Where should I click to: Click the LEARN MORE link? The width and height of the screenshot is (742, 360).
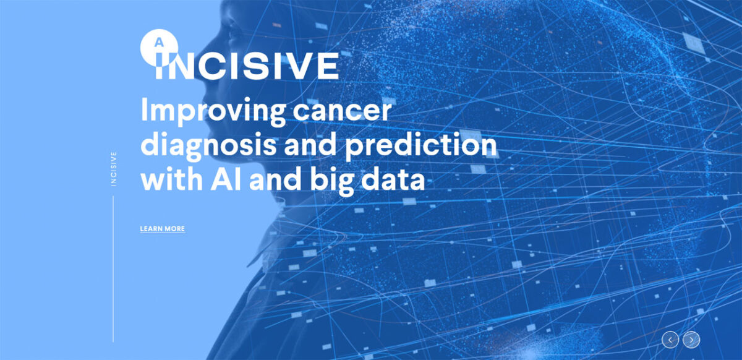(x=162, y=229)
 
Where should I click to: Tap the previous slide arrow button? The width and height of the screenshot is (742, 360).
(x=670, y=340)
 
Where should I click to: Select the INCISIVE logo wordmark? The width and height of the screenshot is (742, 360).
(x=247, y=66)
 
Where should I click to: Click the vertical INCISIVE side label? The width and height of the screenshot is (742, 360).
(x=114, y=169)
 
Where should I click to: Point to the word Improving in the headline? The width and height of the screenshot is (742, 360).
(x=213, y=112)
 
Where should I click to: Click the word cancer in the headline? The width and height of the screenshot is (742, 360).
(x=342, y=112)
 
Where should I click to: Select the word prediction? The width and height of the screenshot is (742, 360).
(x=421, y=145)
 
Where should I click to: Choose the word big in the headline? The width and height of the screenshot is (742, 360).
(x=332, y=182)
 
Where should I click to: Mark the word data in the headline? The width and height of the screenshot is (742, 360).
(x=393, y=179)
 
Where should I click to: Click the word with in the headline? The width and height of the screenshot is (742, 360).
(x=172, y=179)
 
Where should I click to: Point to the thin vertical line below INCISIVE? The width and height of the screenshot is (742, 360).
(x=113, y=269)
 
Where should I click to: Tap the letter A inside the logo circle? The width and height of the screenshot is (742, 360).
(x=160, y=43)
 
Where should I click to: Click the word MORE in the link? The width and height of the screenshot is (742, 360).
(x=174, y=229)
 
